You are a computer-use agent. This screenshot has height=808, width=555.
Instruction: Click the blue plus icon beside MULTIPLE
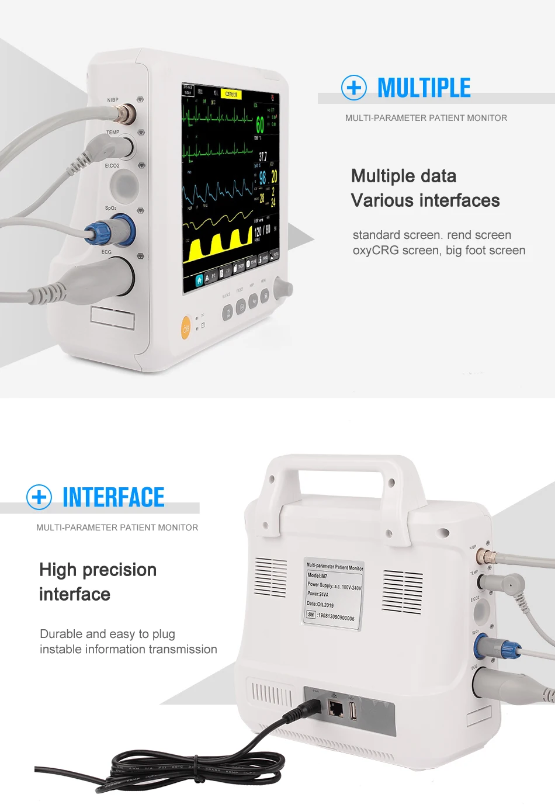(354, 88)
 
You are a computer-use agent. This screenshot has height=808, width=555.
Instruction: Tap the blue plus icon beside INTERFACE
(39, 497)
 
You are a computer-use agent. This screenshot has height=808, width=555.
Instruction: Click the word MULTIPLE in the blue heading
(424, 88)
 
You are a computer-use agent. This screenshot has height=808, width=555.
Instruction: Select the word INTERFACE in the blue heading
(113, 498)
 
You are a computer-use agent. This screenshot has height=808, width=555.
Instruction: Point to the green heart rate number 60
(260, 124)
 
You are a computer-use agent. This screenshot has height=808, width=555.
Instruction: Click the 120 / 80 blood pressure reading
(262, 231)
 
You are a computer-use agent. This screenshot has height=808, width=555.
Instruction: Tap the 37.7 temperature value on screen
(263, 157)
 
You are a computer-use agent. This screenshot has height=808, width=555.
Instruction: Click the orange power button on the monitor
(186, 328)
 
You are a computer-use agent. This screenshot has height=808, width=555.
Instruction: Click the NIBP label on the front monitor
(113, 100)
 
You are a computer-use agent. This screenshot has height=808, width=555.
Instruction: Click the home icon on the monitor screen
(199, 280)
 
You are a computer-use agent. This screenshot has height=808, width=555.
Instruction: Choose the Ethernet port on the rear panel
(335, 709)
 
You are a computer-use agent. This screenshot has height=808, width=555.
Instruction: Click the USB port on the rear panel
(353, 710)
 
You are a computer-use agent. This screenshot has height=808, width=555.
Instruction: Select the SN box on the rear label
(311, 615)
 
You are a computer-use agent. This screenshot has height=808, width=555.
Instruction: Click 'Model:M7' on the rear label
(318, 575)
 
